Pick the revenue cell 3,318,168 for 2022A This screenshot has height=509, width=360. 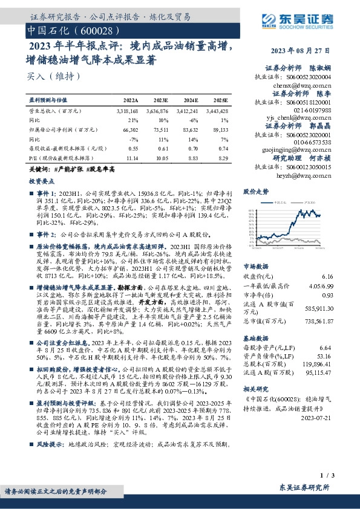126,111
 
